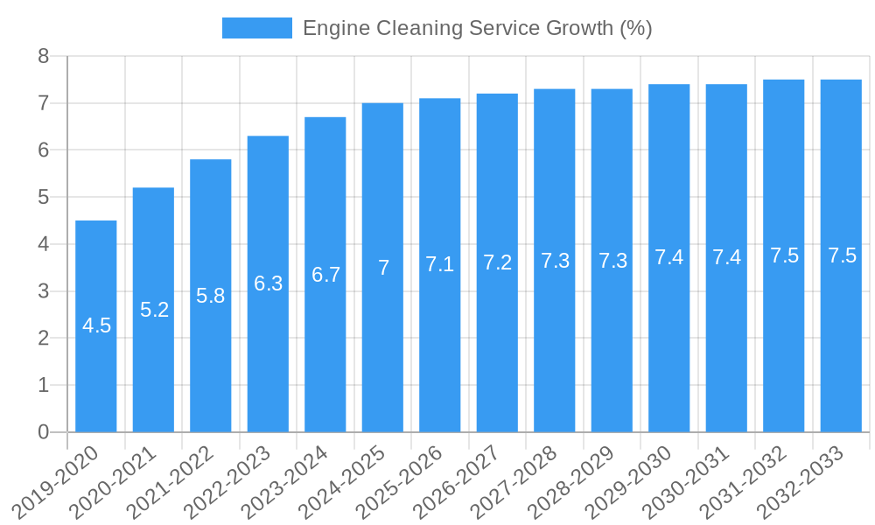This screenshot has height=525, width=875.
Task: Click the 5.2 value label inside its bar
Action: pyautogui.click(x=154, y=310)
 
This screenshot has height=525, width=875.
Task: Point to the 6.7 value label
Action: pyautogui.click(x=325, y=275)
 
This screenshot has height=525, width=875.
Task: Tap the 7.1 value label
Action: pyautogui.click(x=440, y=264)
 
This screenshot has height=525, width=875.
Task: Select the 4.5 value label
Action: pyautogui.click(x=96, y=326)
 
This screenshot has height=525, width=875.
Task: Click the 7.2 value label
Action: pyautogui.click(x=497, y=262)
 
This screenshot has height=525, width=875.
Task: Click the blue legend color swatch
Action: pyautogui.click(x=256, y=28)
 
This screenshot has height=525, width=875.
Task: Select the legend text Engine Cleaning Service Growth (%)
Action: pyautogui.click(x=477, y=28)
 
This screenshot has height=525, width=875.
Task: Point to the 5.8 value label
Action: pyautogui.click(x=211, y=296)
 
